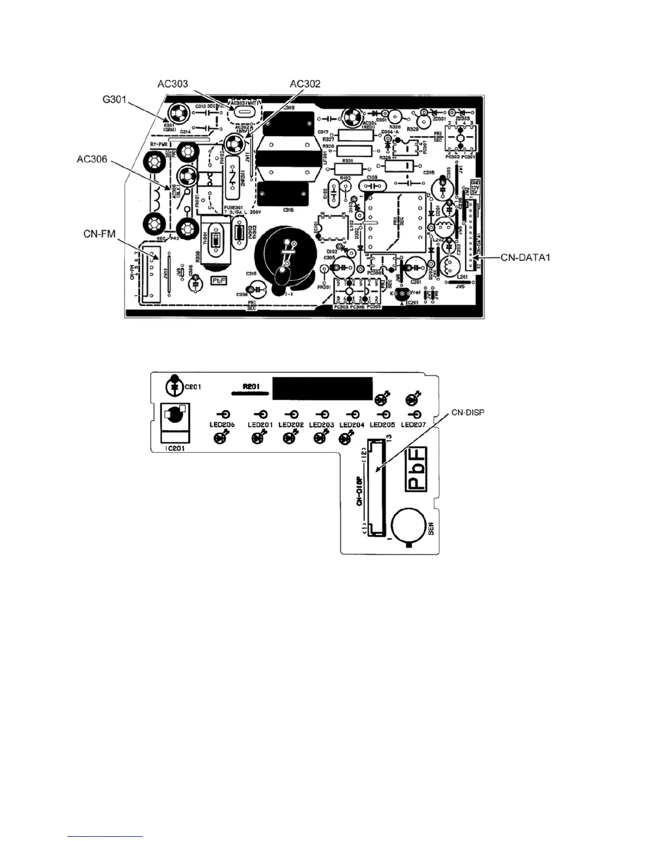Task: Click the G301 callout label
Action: (x=115, y=99)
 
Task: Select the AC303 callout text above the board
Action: (x=173, y=84)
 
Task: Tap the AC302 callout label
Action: (x=305, y=84)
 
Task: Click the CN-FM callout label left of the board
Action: (x=100, y=234)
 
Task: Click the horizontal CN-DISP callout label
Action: (x=468, y=413)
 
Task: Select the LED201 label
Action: (x=260, y=425)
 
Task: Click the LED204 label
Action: (x=352, y=425)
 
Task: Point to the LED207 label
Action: (x=413, y=425)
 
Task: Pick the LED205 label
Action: (x=382, y=425)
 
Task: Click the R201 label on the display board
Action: (x=251, y=387)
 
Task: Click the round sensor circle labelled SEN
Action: (x=408, y=525)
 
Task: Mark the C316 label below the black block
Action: (x=288, y=210)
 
